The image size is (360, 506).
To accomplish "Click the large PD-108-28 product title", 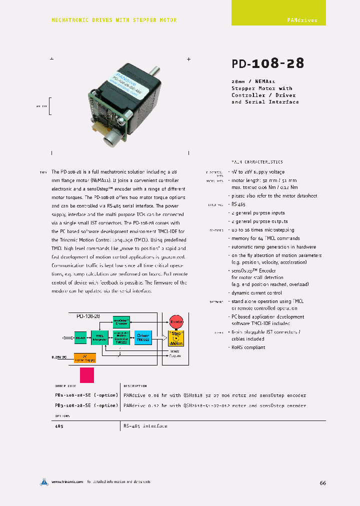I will (267, 63).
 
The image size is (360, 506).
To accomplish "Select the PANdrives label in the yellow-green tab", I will (302, 20).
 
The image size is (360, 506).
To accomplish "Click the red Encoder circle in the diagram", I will (176, 321).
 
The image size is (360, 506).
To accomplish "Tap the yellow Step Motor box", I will (176, 338).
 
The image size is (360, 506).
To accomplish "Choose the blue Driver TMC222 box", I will (143, 337).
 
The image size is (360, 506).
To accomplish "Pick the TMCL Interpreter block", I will (100, 338).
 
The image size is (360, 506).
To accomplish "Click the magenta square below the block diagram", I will (87, 375).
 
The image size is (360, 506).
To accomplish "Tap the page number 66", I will (322, 483).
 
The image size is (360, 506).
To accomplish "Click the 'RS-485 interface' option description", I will (145, 426).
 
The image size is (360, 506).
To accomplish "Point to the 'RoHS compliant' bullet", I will (248, 347).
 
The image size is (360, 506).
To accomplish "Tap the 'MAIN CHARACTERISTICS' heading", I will (257, 162).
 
